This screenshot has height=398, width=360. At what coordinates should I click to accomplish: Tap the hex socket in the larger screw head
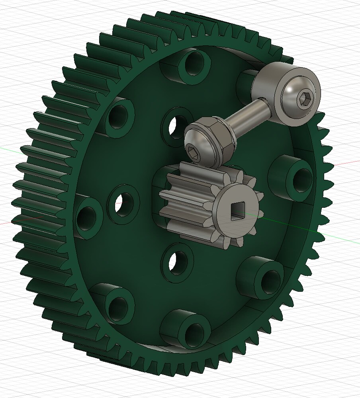[305, 98]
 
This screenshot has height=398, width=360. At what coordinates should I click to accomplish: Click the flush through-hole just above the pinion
[176, 127]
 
